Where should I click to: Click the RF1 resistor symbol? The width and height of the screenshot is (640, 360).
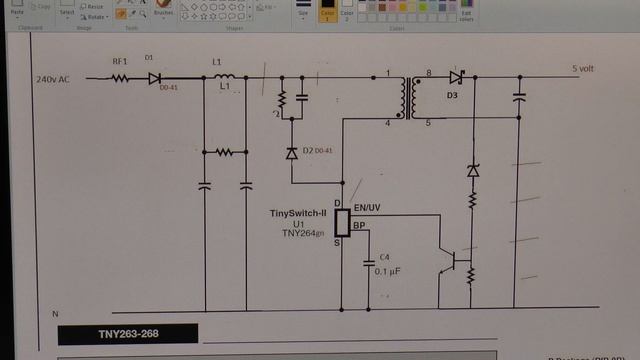point(121,78)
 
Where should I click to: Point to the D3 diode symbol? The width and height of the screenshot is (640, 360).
point(456,77)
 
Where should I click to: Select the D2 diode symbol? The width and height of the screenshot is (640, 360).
point(292,153)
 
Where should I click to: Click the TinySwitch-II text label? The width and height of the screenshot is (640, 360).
point(299,213)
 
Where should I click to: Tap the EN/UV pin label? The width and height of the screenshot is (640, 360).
point(368,207)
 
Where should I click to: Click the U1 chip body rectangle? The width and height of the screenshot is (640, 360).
point(341,223)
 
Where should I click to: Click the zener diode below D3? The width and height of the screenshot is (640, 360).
point(473,172)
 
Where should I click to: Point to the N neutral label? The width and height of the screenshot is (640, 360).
point(55,314)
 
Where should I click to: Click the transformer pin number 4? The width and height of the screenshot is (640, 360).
point(387,122)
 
